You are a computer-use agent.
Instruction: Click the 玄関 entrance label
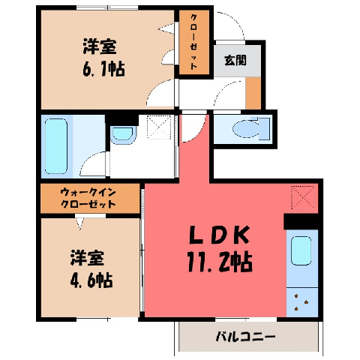click(235, 60)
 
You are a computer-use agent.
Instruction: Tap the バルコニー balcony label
click(245, 337)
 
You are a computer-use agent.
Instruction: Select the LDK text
click(220, 235)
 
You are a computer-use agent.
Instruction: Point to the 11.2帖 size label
click(220, 262)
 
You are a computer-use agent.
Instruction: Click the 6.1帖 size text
click(103, 69)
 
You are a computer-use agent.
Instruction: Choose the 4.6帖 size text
click(91, 280)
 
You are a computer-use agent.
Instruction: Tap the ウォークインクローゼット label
click(88, 198)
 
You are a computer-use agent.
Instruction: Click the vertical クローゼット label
click(194, 41)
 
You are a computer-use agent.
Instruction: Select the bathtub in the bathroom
click(56, 146)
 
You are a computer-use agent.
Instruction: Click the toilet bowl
click(247, 128)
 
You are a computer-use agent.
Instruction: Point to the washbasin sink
click(122, 134)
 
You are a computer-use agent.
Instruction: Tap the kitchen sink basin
click(301, 250)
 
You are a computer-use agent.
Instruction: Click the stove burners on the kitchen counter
click(301, 302)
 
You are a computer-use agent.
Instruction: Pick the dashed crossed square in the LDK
click(303, 198)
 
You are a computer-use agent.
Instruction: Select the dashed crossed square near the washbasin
click(159, 127)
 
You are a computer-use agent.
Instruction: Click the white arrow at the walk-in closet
click(80, 223)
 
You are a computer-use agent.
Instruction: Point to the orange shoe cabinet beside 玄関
click(253, 93)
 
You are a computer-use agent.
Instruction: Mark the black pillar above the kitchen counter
click(301, 221)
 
